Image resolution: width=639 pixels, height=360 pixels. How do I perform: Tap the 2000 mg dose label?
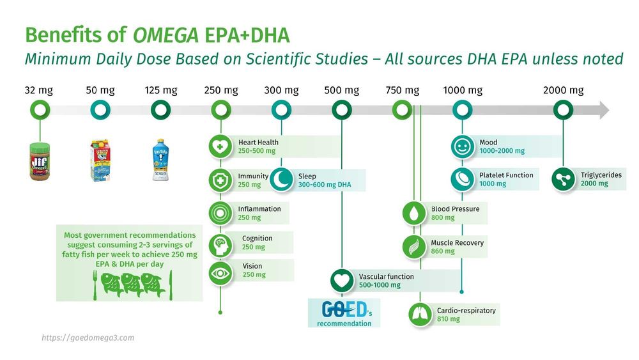coord(563,91)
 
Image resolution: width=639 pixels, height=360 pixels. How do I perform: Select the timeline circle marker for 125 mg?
coord(160,111)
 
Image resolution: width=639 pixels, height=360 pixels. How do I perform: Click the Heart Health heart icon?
coord(220,146)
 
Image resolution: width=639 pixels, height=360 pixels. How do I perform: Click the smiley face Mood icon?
coord(462,146)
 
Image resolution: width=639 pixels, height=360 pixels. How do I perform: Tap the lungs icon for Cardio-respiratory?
coord(420,314)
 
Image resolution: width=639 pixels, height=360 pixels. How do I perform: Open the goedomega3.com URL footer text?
coord(88,338)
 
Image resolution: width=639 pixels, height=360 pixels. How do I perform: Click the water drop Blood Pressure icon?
coord(414,213)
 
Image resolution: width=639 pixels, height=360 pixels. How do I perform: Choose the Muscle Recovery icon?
coord(414,246)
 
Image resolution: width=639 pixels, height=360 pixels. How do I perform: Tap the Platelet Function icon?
coord(462,179)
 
